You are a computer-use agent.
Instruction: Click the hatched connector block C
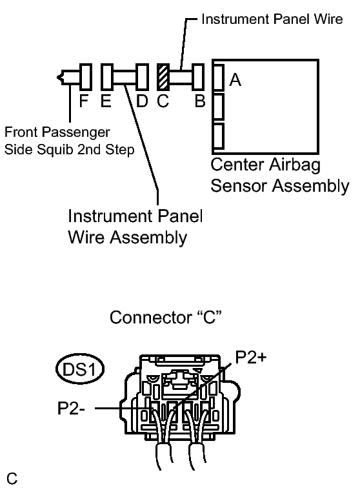[x=163, y=77]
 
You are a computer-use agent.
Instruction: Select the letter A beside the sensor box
[x=235, y=80]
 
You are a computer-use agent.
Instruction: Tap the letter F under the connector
[x=84, y=101]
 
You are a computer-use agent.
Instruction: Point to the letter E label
[x=106, y=101]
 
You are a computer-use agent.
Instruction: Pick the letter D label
[x=142, y=101]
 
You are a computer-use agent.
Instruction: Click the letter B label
[x=200, y=101]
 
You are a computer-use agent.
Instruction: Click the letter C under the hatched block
[x=163, y=101]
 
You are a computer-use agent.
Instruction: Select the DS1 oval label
[x=79, y=369]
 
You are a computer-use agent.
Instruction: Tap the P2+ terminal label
[x=251, y=357]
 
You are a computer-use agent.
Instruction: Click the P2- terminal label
[x=71, y=408]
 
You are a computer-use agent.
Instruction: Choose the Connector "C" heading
[x=165, y=318]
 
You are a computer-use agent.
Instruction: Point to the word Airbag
[x=295, y=165]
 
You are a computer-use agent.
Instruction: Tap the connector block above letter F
[x=86, y=77]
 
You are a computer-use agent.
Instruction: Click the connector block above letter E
[x=107, y=77]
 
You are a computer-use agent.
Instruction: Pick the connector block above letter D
[x=142, y=77]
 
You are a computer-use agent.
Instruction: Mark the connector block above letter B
[x=197, y=77]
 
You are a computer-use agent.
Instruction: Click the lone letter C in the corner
[x=12, y=478]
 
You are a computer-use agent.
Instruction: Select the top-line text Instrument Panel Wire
[x=272, y=19]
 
